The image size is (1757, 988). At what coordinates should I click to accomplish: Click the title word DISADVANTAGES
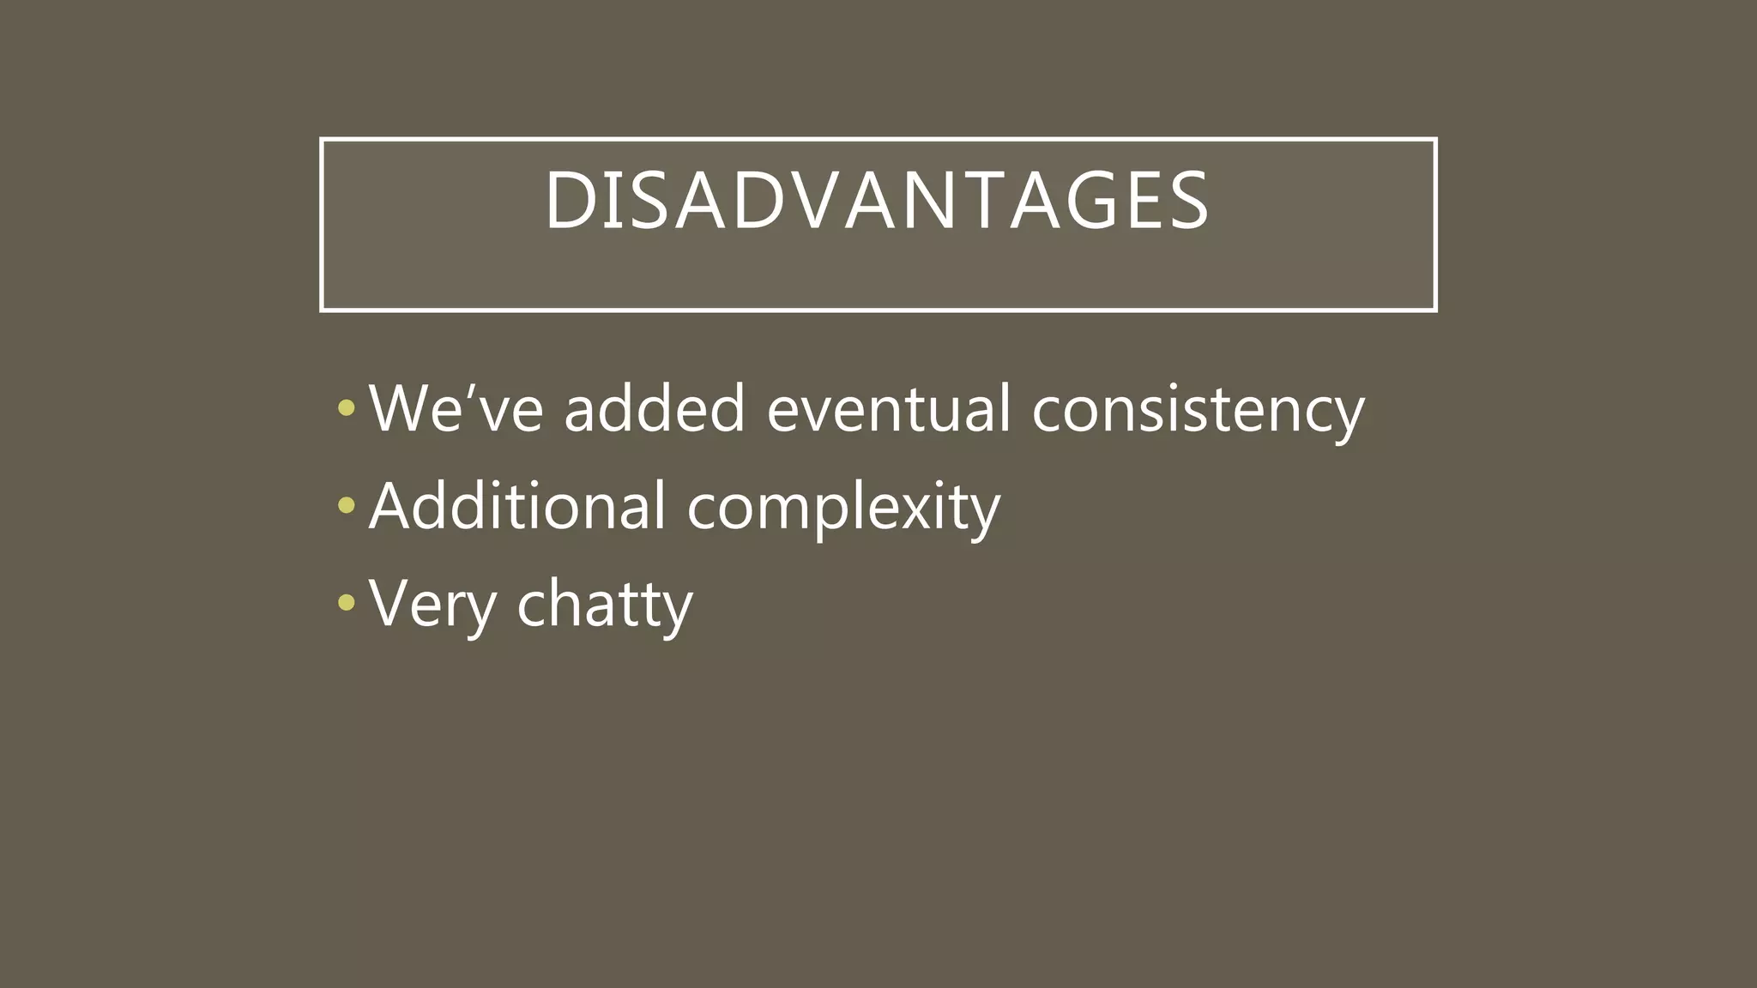point(877,201)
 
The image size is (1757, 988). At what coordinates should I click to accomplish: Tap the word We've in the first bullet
point(456,409)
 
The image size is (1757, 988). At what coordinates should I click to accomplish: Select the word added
point(655,409)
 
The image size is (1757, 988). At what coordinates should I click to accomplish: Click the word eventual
point(888,409)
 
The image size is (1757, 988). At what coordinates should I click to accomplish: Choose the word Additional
point(517,506)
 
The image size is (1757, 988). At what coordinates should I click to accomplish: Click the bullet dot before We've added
point(347,408)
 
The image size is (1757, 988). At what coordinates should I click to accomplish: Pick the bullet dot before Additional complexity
point(347,506)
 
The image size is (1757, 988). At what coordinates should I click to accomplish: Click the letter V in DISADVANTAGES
point(808,201)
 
